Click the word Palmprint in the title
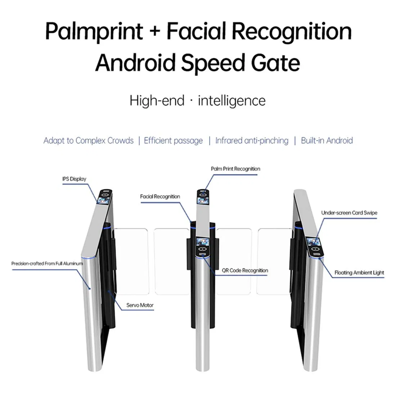coord(94,31)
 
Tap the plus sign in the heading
coord(154,31)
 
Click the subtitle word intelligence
coord(232,100)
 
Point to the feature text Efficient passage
coord(173,140)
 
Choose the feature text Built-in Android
coord(327,140)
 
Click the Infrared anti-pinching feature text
coord(252,140)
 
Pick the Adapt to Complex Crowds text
coord(89,140)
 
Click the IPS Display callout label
coord(74,179)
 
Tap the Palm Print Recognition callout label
coord(235,169)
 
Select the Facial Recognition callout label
coord(160,197)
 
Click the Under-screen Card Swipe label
coord(349,213)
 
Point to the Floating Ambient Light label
coord(359,273)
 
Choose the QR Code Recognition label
coord(245,270)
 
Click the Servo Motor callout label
coord(140,305)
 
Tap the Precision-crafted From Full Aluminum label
coord(47,264)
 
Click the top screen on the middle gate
coord(203,197)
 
